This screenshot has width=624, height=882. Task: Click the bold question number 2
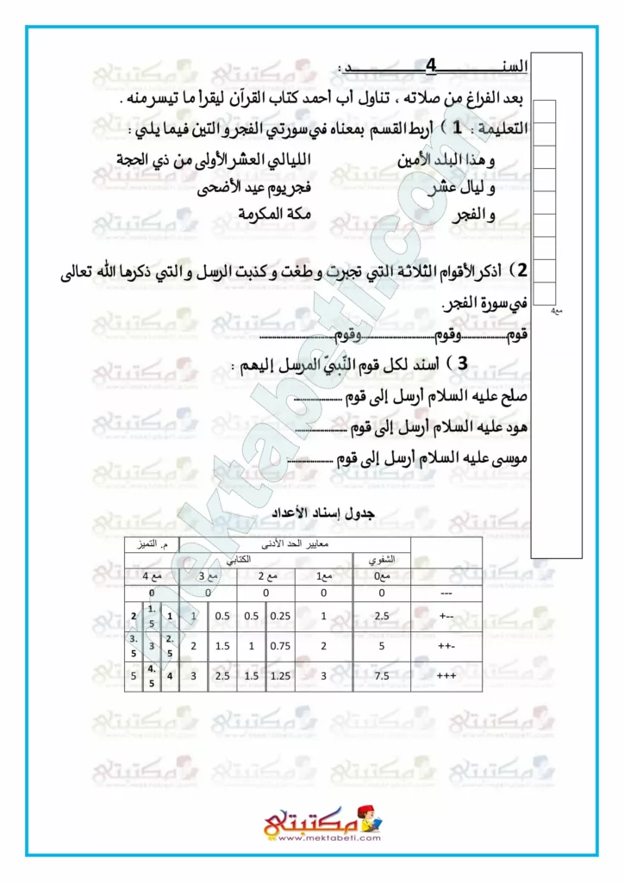coord(522,271)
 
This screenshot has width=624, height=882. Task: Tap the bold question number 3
coord(463,364)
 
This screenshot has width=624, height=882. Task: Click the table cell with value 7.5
coord(381,677)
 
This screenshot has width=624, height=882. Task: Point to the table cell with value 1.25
coord(279,677)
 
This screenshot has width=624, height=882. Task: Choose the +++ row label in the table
coord(446,677)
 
